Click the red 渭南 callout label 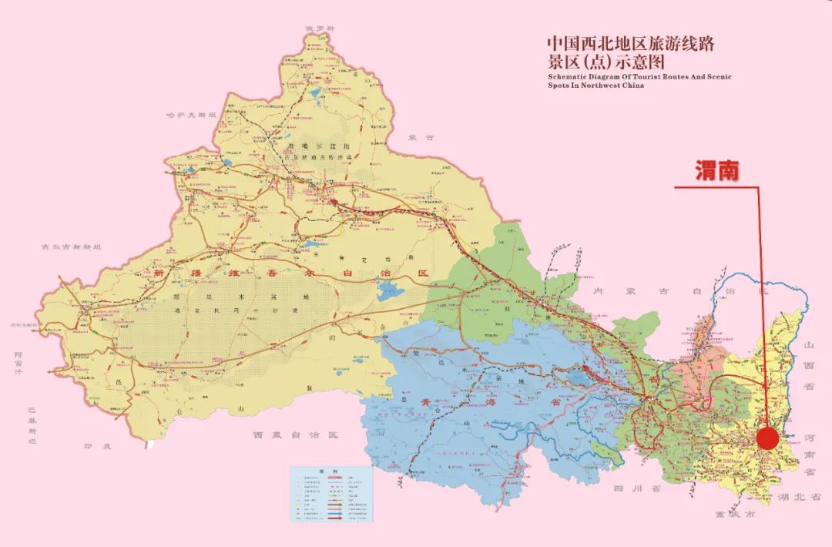[716, 172]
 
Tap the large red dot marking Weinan [767, 438]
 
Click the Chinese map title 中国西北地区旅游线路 [630, 44]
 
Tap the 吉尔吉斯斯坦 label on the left [72, 247]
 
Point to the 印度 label [98, 446]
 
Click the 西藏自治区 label [296, 435]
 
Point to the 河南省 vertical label [809, 454]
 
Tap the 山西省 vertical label [809, 367]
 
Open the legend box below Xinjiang [331, 494]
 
